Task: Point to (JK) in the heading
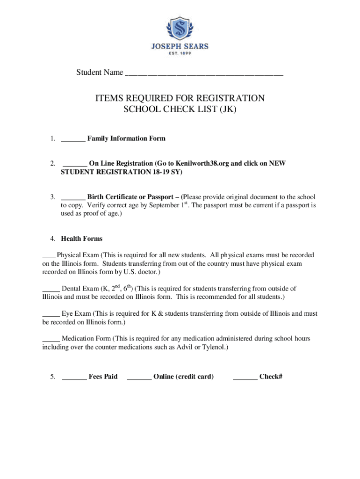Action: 227,110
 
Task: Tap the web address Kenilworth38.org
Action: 203,163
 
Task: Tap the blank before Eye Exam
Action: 50,314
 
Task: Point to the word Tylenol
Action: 212,347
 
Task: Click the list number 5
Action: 54,377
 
